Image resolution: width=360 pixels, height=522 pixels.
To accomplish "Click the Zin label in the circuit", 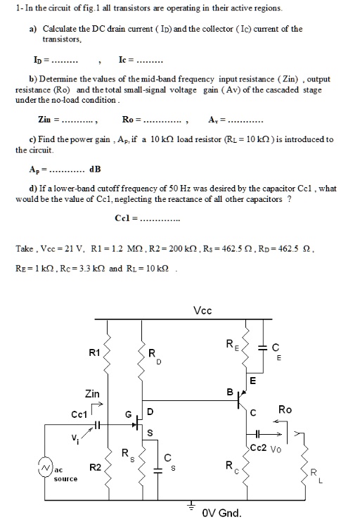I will (x=91, y=394).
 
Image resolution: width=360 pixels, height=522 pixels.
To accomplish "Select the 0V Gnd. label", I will (x=221, y=512).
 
